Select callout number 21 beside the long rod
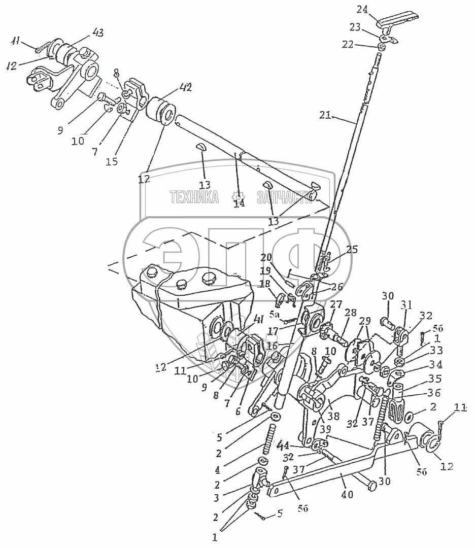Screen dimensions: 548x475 point(325,116)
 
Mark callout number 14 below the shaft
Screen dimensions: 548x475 point(239,203)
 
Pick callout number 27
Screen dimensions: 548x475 point(336,304)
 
